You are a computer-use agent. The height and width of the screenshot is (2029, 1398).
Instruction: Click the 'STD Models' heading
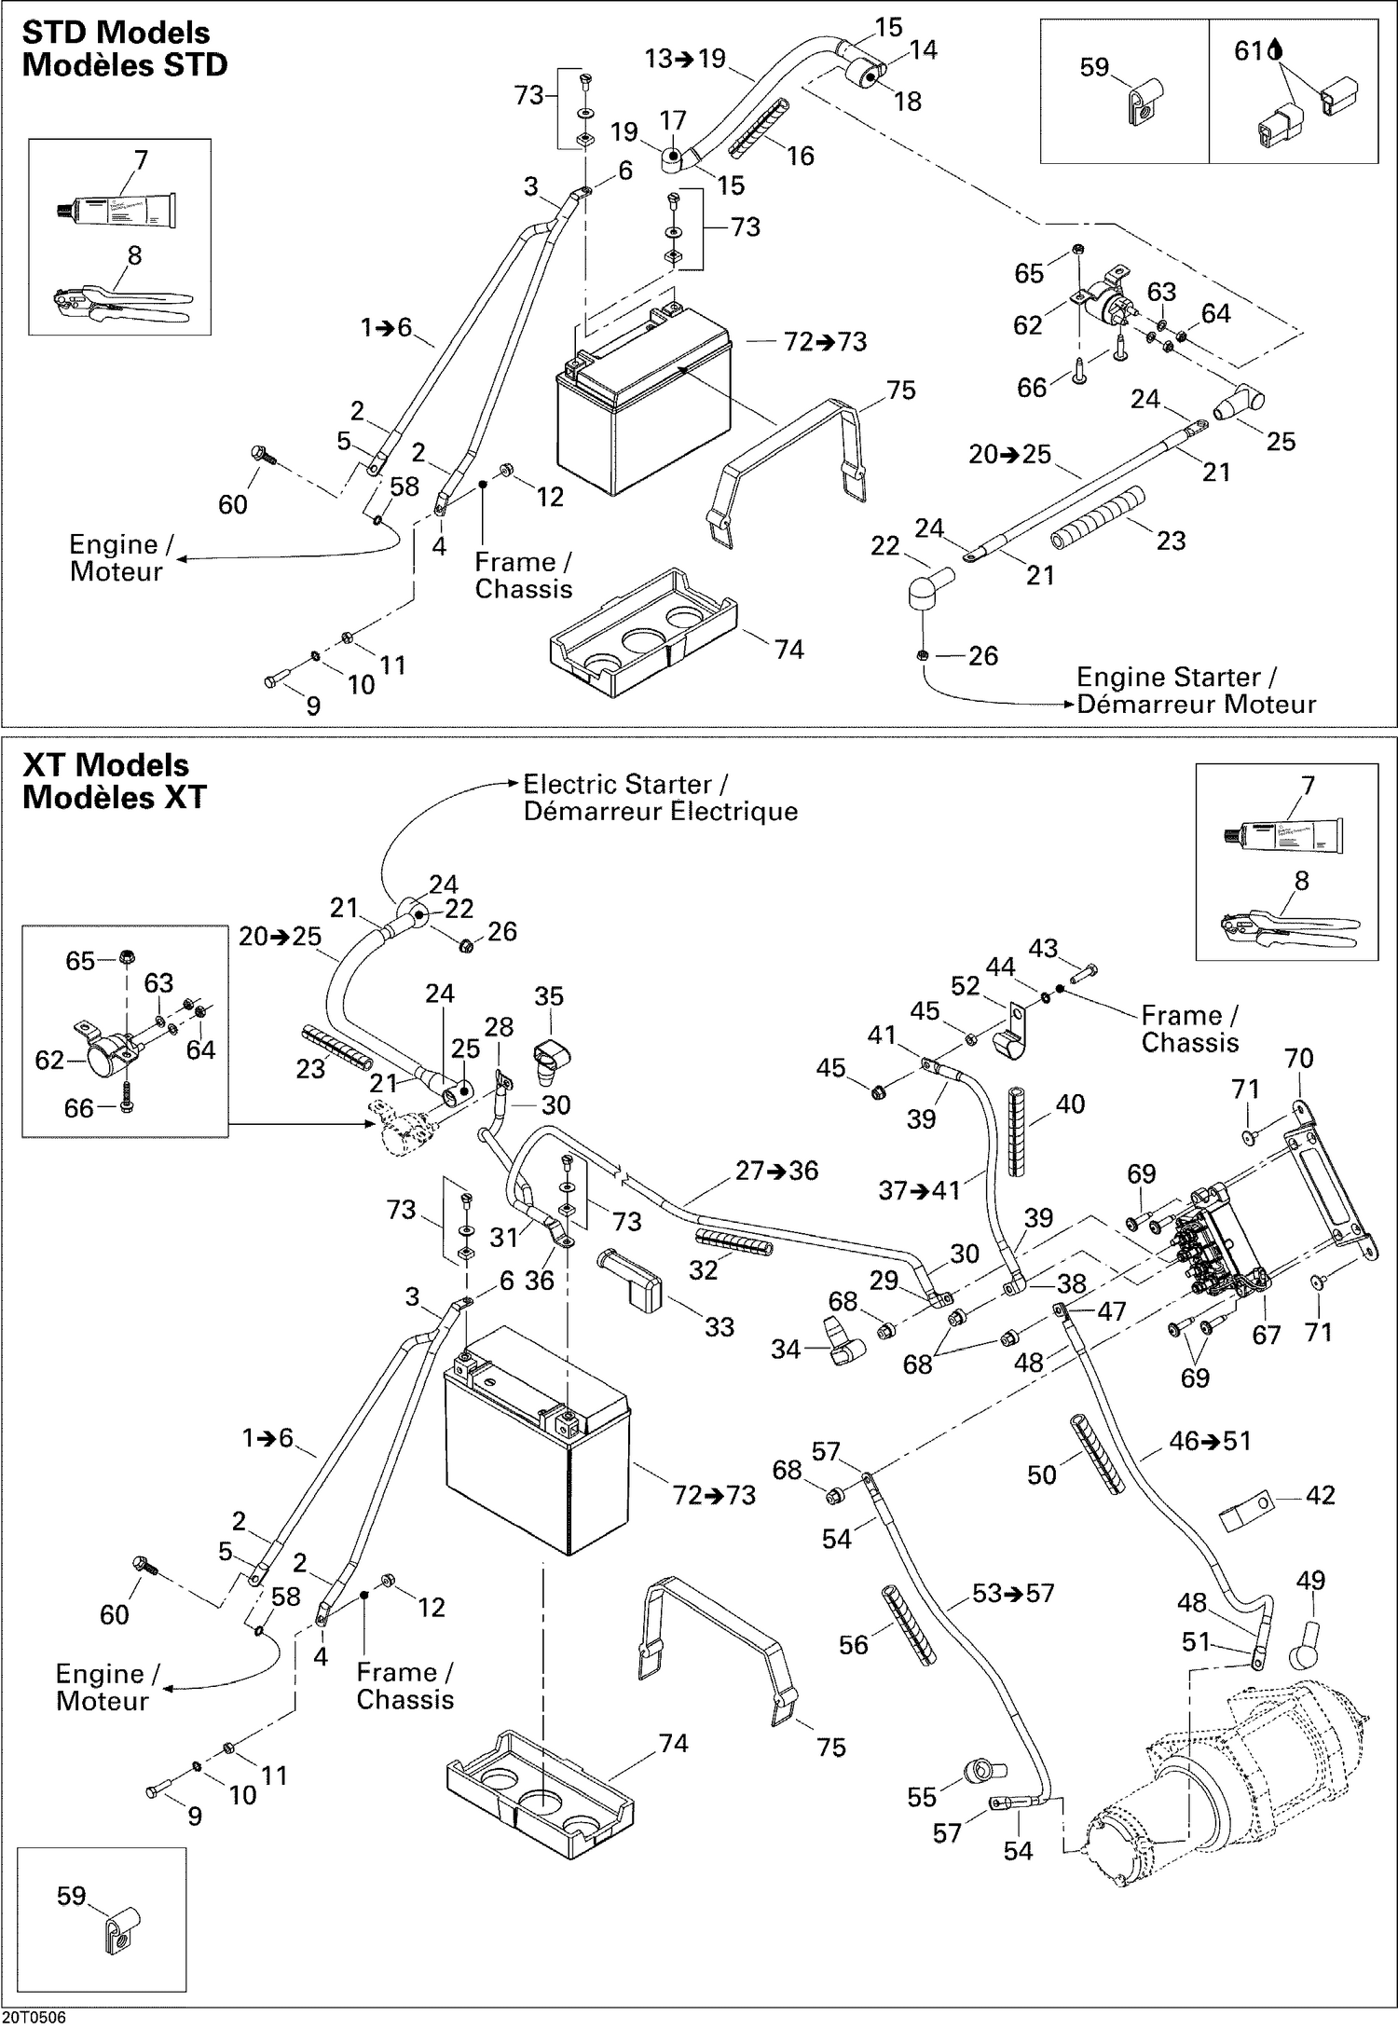tap(116, 34)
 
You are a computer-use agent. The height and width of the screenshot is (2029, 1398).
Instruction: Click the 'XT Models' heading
tap(105, 765)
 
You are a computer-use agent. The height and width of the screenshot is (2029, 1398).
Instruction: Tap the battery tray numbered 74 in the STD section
tap(643, 634)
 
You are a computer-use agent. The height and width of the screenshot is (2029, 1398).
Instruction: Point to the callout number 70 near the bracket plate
tap(1298, 1059)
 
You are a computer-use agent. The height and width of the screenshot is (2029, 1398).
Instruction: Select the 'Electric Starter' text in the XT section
tap(625, 784)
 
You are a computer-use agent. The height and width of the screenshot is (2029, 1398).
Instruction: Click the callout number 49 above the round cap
tap(1310, 1581)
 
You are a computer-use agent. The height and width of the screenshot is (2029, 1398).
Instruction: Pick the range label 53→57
tap(1013, 1594)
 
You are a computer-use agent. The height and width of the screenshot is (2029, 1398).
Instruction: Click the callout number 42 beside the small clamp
tap(1320, 1496)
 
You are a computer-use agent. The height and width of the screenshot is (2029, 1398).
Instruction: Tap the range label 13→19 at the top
tap(684, 59)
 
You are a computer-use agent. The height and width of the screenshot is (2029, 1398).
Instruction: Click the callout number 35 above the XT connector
tap(549, 996)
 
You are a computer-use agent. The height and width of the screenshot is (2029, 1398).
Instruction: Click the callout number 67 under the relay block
tap(1266, 1336)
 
